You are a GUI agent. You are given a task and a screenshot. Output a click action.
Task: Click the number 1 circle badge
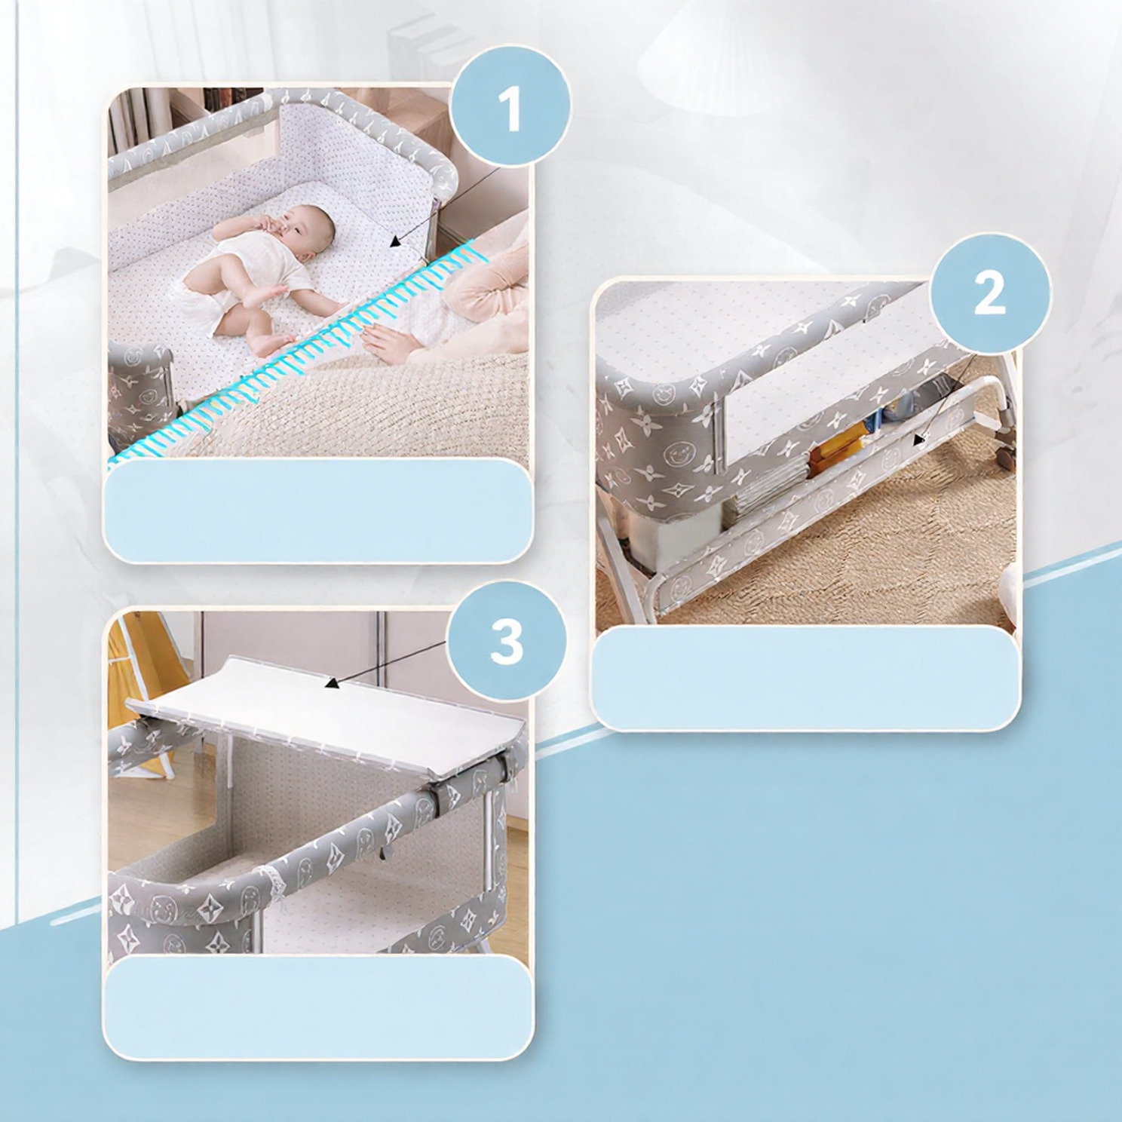510,107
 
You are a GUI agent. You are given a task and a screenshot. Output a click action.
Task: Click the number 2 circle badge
990,293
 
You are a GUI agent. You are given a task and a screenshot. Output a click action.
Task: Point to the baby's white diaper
206,299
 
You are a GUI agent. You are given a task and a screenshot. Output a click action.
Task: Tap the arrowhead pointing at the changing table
330,684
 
